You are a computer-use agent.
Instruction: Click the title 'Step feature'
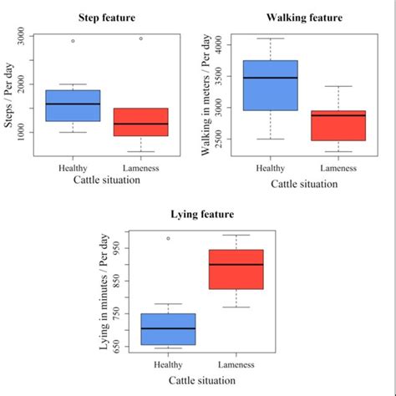[x=106, y=18]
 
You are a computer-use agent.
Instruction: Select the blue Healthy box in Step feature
[x=73, y=105]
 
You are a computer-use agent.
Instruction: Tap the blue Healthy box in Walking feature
[x=270, y=85]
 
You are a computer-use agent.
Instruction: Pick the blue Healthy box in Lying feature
[x=169, y=328]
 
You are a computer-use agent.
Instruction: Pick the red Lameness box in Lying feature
[x=236, y=269]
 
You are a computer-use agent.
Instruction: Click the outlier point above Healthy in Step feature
[x=73, y=41]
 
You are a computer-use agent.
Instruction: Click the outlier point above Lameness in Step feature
[x=140, y=38]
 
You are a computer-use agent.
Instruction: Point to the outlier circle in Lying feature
[x=169, y=238]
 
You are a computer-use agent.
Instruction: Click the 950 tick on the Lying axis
[x=118, y=248]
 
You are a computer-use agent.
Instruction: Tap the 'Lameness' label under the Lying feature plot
[x=236, y=364]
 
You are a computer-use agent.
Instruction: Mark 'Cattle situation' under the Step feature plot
[x=106, y=180]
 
